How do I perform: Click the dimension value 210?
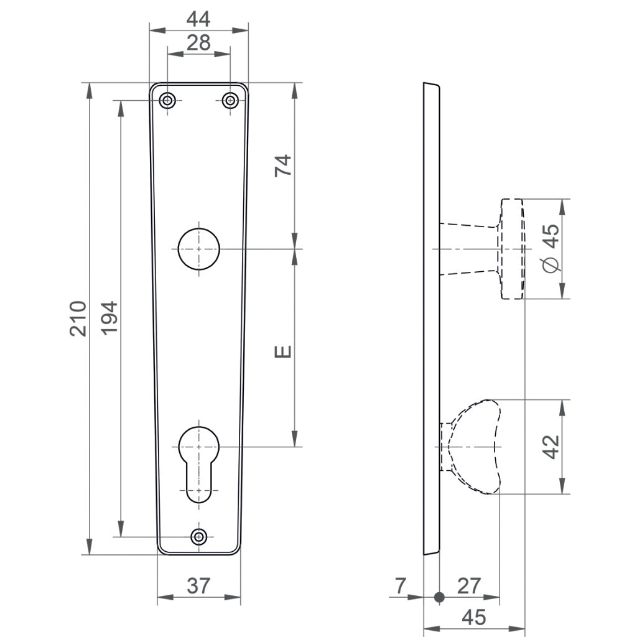[x=77, y=318]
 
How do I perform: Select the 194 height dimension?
[x=109, y=318]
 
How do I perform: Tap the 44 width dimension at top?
[x=198, y=19]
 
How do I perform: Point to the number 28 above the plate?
[x=198, y=43]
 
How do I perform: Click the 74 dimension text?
[x=283, y=165]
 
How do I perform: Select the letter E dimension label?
[x=283, y=352]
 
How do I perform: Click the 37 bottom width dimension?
[x=198, y=585]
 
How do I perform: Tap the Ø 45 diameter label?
[x=551, y=248]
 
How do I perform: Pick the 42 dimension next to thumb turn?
[x=551, y=447]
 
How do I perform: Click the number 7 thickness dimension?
[x=400, y=585]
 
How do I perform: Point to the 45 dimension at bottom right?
[x=473, y=617]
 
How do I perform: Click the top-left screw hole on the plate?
[x=167, y=100]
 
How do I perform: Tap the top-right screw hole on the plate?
[x=230, y=100]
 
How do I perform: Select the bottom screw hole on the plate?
[x=199, y=536]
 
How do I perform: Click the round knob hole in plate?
[x=199, y=249]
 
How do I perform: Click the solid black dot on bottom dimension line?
[x=440, y=597]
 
